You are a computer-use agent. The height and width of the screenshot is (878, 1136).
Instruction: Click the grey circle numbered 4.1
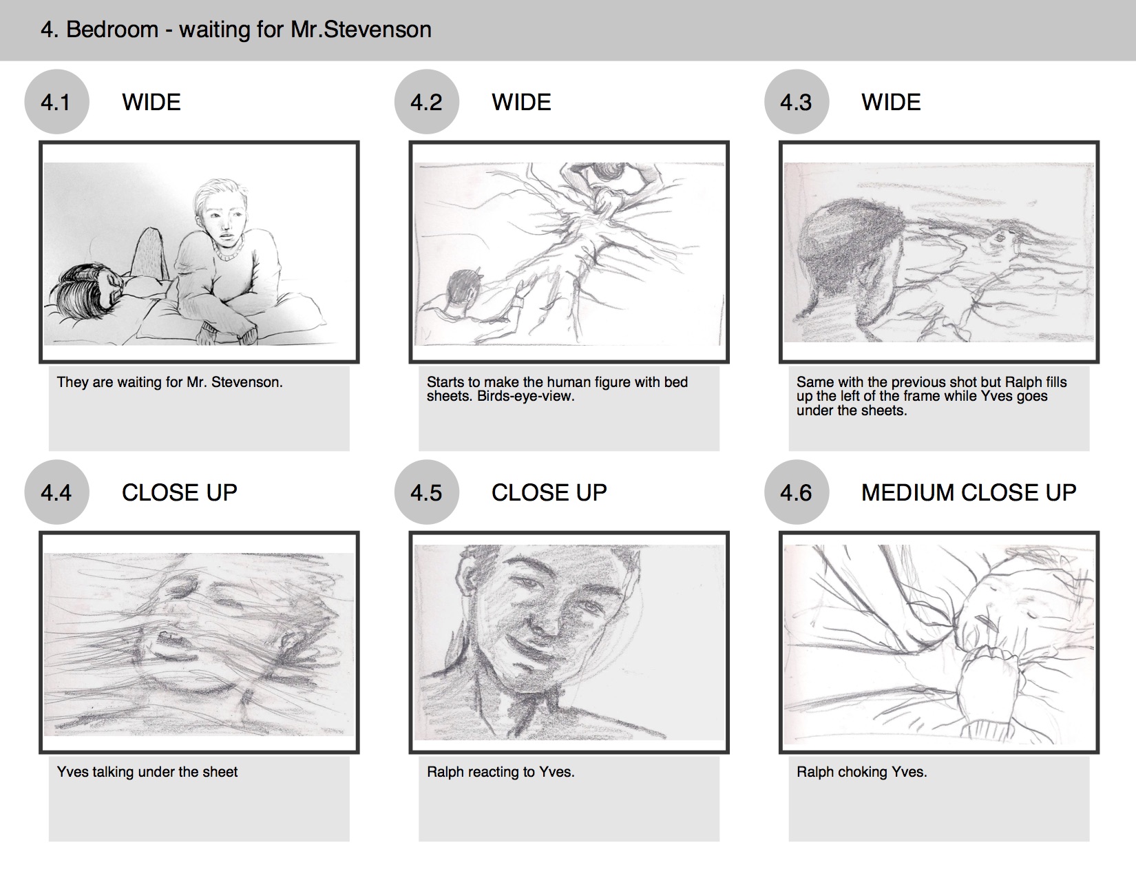tap(56, 101)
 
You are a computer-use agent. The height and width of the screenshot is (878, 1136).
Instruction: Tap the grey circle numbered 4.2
tap(427, 101)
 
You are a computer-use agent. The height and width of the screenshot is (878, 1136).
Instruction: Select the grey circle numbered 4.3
tap(797, 101)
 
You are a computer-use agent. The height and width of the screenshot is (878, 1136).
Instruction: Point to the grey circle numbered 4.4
tap(56, 492)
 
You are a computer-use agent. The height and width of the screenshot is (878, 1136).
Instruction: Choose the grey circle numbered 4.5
tap(427, 492)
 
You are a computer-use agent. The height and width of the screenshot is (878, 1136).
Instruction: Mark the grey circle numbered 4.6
tap(797, 492)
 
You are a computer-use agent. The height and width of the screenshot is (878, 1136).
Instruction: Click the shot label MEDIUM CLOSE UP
tap(969, 492)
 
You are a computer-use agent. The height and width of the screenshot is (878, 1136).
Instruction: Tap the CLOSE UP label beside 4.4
tap(179, 492)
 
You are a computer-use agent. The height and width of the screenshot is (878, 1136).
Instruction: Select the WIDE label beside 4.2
tap(521, 102)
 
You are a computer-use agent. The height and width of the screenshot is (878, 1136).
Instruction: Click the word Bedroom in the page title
tap(112, 30)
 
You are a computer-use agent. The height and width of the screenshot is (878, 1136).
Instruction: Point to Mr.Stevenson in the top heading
tap(361, 30)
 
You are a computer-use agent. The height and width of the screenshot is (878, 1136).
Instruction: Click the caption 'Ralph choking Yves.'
tap(861, 772)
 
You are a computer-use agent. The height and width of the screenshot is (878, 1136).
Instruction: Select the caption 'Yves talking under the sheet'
tap(147, 772)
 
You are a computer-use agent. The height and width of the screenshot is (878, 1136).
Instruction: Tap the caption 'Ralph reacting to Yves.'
tap(501, 772)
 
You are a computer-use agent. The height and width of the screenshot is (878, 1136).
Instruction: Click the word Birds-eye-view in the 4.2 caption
tap(525, 397)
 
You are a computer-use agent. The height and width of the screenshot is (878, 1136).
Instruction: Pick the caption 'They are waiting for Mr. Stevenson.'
tap(170, 382)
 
